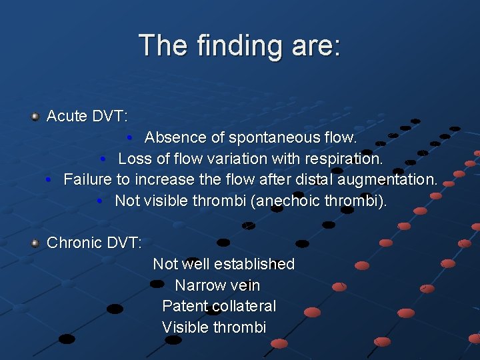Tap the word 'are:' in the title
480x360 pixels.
coord(316,46)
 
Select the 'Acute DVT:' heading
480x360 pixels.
coord(87,116)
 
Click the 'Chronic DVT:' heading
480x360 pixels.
coord(94,243)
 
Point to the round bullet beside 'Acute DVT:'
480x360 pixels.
coord(35,117)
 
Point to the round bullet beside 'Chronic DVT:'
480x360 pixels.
coord(35,243)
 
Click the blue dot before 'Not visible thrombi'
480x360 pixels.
coord(99,201)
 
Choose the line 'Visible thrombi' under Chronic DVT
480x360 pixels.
coord(214,327)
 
